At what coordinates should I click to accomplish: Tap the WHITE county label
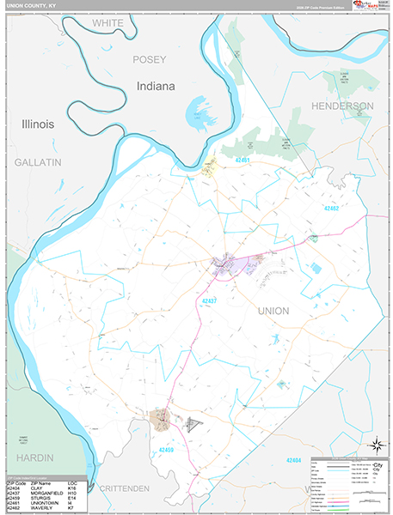point(107,22)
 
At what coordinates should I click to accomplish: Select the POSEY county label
point(147,60)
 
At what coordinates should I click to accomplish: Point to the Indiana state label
point(155,87)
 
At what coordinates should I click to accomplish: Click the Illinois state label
point(38,124)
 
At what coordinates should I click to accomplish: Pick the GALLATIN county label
point(38,161)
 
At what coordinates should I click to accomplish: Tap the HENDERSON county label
point(342,106)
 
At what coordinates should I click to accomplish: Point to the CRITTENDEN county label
point(124,488)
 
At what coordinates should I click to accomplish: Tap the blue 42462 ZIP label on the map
point(334,208)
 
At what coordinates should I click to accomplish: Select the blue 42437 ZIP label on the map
point(209,300)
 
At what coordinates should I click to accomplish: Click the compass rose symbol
point(375,444)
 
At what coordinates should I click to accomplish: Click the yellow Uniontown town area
point(208,168)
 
